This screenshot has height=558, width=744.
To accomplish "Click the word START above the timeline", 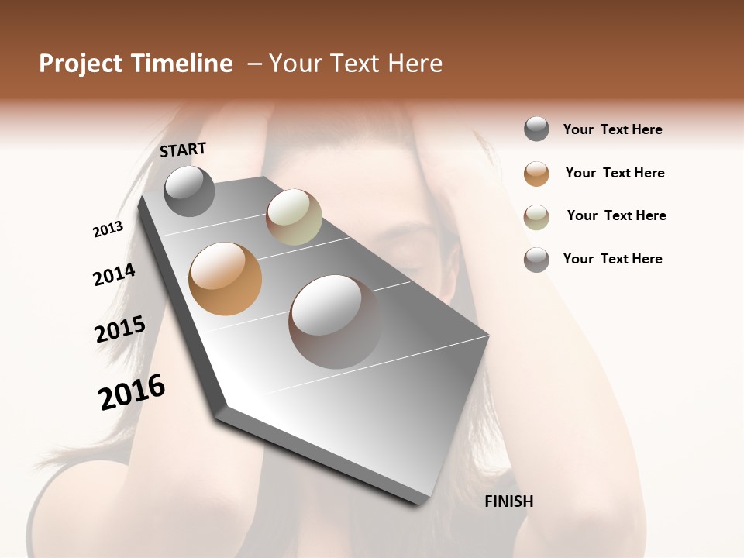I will [x=183, y=150].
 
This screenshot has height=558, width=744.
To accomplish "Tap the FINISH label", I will [x=508, y=501].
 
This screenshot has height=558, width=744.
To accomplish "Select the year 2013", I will [x=108, y=229].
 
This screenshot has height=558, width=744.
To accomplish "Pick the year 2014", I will [x=114, y=274].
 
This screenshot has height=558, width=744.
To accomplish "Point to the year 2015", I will [x=120, y=329].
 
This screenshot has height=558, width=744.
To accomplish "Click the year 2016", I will [x=132, y=392].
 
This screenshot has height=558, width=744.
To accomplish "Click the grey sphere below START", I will [x=189, y=191].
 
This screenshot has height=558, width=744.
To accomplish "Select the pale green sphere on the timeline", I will [x=294, y=217].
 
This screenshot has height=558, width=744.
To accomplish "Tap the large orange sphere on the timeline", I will [x=226, y=279].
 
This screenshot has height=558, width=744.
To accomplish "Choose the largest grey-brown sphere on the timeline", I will [x=335, y=322].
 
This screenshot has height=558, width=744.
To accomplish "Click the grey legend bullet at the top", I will [x=536, y=129].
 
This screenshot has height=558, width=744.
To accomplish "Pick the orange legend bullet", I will [x=536, y=174].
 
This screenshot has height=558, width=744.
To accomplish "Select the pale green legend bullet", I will [x=536, y=217].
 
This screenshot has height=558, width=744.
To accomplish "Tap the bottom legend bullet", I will [x=536, y=260].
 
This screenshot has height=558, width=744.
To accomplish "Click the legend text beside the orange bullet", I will [x=615, y=173].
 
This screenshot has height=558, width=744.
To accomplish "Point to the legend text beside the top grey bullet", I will [x=612, y=129].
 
